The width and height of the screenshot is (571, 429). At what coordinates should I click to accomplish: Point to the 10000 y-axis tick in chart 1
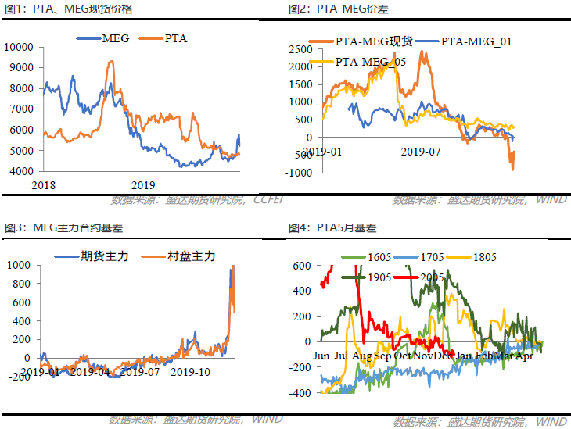[x=18, y=47]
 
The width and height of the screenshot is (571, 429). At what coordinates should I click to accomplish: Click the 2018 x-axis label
[x=45, y=184]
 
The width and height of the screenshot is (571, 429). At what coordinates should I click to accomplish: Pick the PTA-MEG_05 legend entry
[x=367, y=62]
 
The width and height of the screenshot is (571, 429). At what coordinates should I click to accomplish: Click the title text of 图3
[x=63, y=228]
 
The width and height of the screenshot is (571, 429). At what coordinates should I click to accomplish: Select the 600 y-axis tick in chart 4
[x=303, y=266]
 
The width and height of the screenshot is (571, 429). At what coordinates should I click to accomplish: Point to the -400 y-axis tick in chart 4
[x=300, y=393]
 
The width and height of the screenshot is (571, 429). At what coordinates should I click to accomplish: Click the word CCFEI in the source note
[x=268, y=200]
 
